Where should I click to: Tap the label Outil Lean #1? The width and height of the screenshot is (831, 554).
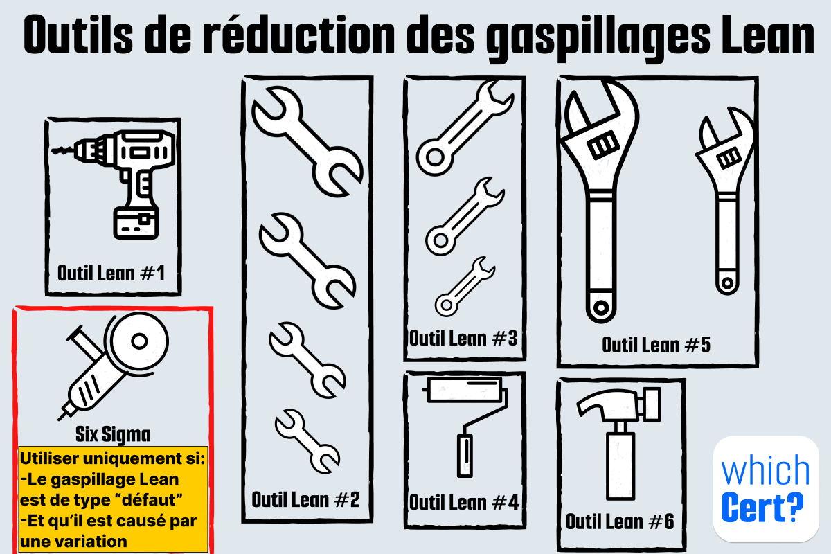point(111,273)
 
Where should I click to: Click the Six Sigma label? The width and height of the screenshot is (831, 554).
point(113,434)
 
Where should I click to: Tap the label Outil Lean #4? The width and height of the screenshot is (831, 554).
point(463,502)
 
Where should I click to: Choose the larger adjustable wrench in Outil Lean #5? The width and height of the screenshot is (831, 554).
point(600,201)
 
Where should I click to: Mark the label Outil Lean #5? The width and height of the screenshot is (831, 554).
point(656,344)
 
